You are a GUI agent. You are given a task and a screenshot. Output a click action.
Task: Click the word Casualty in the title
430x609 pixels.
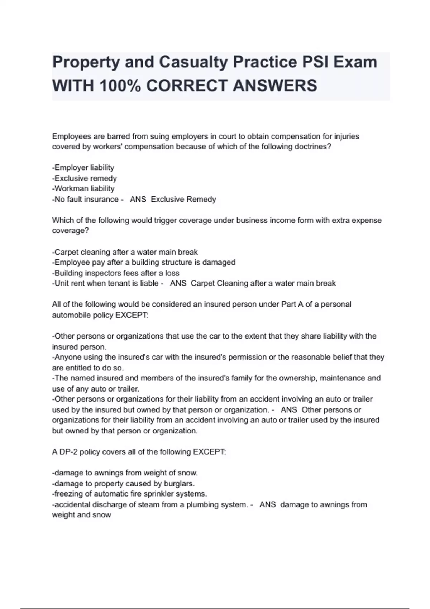[193, 62]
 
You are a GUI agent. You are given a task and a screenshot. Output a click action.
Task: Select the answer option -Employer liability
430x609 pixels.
[83, 168]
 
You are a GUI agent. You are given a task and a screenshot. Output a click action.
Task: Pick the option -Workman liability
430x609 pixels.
[83, 188]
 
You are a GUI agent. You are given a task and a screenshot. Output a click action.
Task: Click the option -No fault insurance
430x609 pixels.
[85, 199]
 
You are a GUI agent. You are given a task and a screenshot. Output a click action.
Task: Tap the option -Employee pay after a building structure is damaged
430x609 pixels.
[144, 262]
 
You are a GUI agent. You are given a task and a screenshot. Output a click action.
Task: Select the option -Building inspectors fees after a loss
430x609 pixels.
[116, 273]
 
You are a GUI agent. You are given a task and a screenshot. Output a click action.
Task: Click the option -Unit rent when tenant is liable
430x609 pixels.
[105, 283]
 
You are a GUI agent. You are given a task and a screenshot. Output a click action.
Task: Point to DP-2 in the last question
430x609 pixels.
[68, 452]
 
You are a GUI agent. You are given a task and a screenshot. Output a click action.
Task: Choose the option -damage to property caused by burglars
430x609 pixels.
[123, 484]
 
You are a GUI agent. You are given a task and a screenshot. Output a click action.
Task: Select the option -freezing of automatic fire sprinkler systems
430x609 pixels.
[129, 494]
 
